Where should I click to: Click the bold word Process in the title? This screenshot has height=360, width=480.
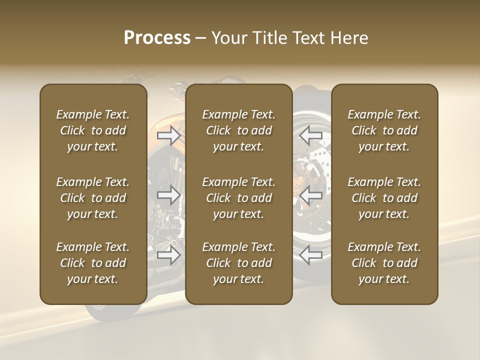(157, 37)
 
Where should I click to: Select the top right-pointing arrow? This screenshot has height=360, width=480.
(168, 135)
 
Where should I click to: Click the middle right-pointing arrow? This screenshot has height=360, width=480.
(168, 195)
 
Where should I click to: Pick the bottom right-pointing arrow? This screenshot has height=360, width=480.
(168, 254)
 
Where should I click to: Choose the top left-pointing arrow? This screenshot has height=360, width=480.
(310, 135)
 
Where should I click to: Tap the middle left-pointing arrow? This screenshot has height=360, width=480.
(310, 195)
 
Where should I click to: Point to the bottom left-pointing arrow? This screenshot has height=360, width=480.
(310, 254)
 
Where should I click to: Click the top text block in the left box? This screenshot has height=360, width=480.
(93, 130)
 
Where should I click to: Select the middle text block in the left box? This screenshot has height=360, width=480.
(93, 198)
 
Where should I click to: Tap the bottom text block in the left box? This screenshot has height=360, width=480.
(93, 263)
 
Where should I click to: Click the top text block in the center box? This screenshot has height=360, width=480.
(238, 130)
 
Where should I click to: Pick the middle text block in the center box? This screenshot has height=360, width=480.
(238, 198)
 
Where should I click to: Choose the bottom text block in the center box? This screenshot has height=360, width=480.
(238, 263)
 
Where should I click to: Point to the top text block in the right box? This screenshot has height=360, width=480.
(384, 130)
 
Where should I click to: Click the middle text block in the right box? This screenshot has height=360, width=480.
(384, 198)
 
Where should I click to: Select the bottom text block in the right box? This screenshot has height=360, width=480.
(384, 263)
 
